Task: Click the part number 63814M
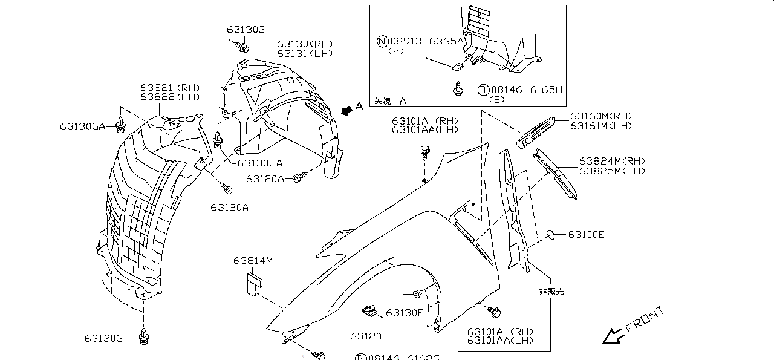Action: (x=253, y=261)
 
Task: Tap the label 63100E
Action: (x=586, y=234)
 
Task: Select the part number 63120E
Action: (x=369, y=336)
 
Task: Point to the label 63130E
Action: (x=405, y=313)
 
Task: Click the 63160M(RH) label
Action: (x=600, y=116)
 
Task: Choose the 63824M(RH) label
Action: (x=612, y=161)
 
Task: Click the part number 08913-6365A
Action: (x=427, y=41)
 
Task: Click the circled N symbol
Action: (x=382, y=41)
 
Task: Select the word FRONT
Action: (x=645, y=319)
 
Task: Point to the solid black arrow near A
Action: (x=345, y=110)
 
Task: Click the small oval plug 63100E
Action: (x=551, y=234)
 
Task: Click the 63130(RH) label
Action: (x=305, y=44)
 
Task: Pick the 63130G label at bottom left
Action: (x=103, y=338)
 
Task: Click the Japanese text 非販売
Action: (x=551, y=292)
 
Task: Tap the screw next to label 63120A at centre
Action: (x=299, y=178)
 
